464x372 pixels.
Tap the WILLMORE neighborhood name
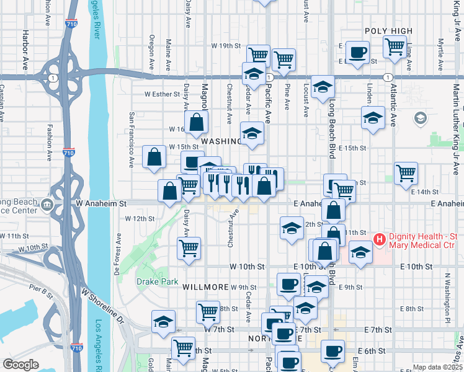click(x=205, y=287)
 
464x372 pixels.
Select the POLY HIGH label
click(x=388, y=31)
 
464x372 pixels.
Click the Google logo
click(x=20, y=365)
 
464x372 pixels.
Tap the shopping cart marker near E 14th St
click(x=406, y=173)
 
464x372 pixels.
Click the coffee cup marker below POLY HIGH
click(x=357, y=53)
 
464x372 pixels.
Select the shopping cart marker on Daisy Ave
click(x=189, y=248)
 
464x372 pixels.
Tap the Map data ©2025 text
click(x=437, y=367)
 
